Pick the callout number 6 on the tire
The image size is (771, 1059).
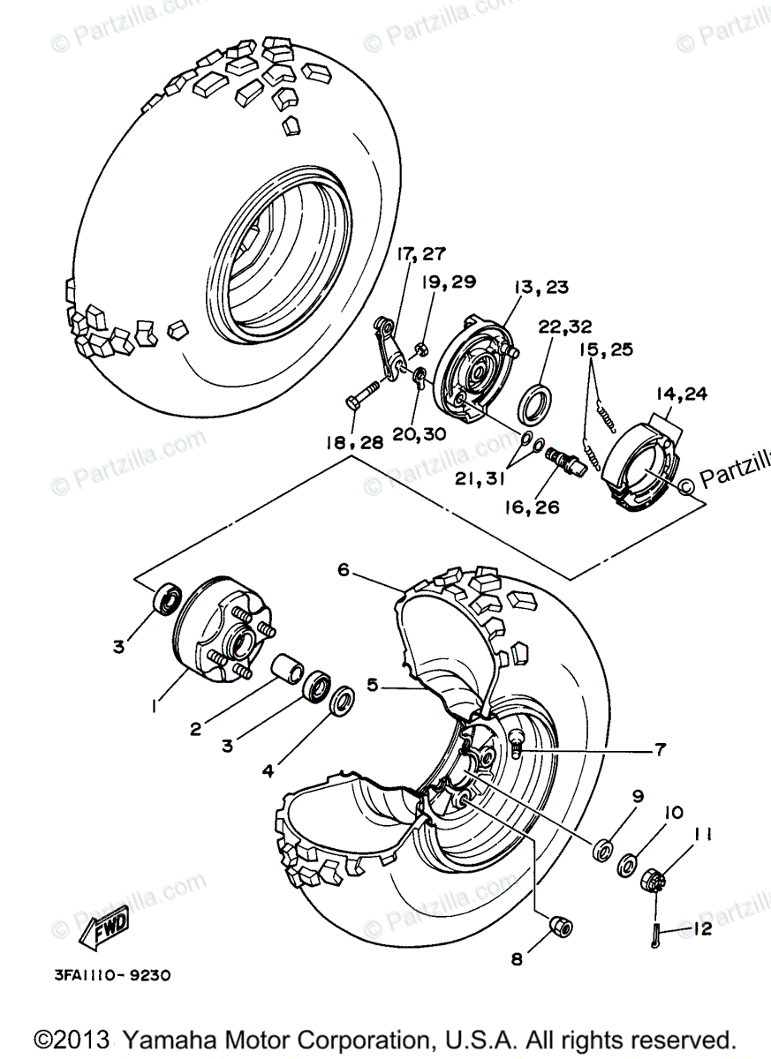(345, 571)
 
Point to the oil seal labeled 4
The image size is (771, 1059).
(342, 703)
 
